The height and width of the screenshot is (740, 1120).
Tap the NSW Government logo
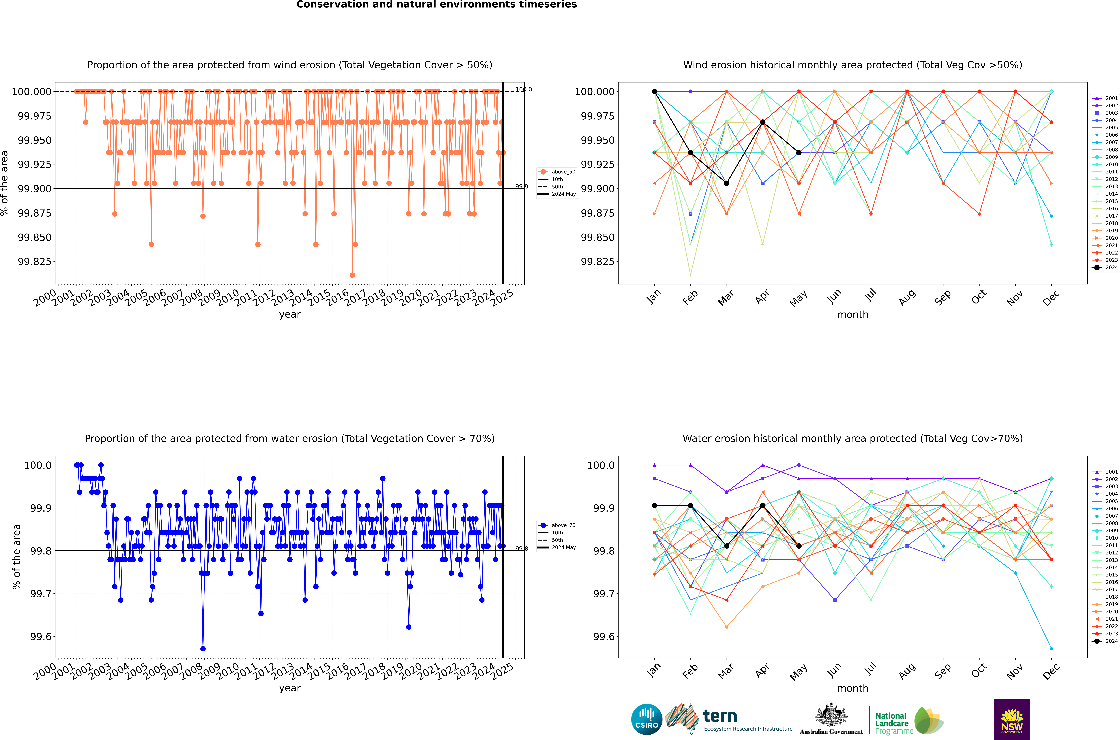[x=1012, y=719]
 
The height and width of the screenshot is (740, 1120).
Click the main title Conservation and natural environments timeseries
[x=437, y=5]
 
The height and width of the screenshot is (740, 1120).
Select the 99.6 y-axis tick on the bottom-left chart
[x=41, y=637]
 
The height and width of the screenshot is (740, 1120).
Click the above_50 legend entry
[x=557, y=172]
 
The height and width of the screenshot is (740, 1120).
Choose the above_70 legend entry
[x=557, y=525]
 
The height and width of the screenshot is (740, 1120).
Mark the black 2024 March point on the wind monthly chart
[x=727, y=183]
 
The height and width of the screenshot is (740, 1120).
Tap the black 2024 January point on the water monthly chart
[x=655, y=505]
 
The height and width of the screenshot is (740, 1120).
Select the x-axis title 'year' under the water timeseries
[x=290, y=688]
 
